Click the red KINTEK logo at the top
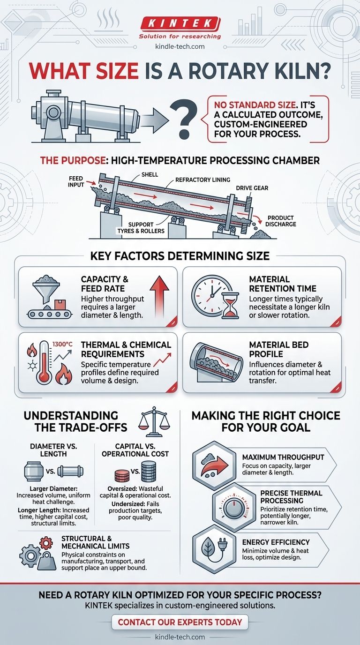pos(180,23)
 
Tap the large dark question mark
pos(183,120)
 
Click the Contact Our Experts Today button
pos(180,622)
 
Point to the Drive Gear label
pos(252,188)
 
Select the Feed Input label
pos(76,181)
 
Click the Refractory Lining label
pos(203,180)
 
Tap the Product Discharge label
pos(280,221)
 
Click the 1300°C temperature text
pos(62,344)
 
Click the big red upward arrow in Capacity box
pos(159,295)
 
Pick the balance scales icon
pos(154,421)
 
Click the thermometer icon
pos(44,362)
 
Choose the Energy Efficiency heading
pos(276,542)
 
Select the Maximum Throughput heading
pos(283,457)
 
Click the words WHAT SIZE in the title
pos(84,71)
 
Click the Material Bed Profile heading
pos(278,349)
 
